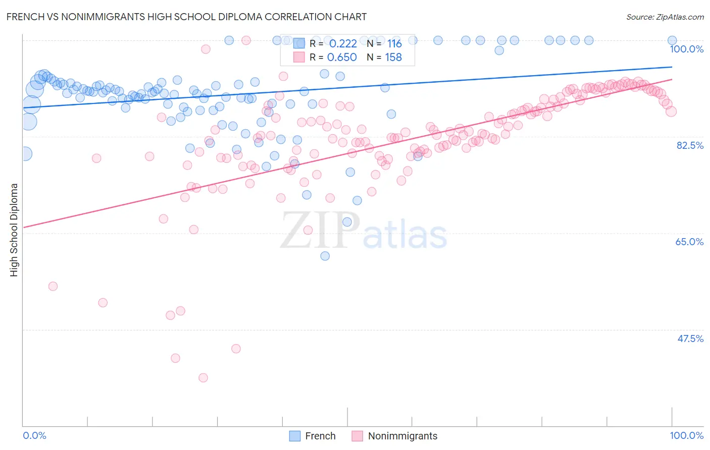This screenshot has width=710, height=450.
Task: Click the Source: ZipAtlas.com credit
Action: pyautogui.click(x=665, y=17)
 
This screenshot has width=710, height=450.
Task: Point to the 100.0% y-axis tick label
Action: pyautogui.click(x=686, y=49)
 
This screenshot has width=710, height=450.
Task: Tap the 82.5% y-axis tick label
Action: pyautogui.click(x=690, y=145)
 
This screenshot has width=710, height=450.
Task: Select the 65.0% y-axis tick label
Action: pyautogui.click(x=689, y=242)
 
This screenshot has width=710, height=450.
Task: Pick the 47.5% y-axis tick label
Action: pyautogui.click(x=690, y=339)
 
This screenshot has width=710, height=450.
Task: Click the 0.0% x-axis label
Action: pyautogui.click(x=35, y=435)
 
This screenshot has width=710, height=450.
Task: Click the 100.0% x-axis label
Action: pyautogui.click(x=686, y=435)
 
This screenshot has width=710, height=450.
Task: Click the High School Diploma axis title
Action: pyautogui.click(x=14, y=230)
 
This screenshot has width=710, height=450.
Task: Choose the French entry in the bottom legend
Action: pyautogui.click(x=320, y=436)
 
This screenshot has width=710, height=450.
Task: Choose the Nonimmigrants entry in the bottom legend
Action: pyautogui.click(x=402, y=436)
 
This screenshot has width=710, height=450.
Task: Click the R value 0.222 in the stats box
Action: pyautogui.click(x=343, y=43)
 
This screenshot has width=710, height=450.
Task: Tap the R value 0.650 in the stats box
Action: pyautogui.click(x=342, y=58)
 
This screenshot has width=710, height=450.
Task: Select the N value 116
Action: pyautogui.click(x=394, y=43)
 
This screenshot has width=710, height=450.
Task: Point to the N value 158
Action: pyautogui.click(x=393, y=58)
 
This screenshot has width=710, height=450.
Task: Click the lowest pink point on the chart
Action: pyautogui.click(x=204, y=378)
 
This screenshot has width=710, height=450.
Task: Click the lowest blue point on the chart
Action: pyautogui.click(x=325, y=256)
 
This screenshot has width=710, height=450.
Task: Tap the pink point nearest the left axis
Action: pyautogui.click(x=53, y=286)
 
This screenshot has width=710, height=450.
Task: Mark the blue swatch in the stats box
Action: pyautogui.click(x=299, y=43)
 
